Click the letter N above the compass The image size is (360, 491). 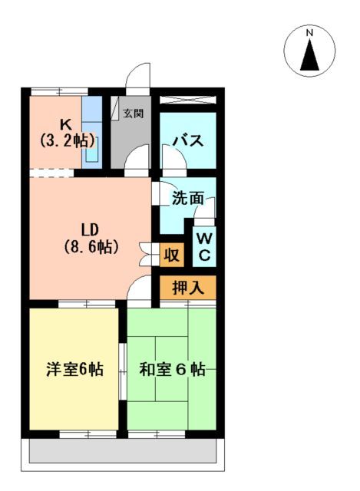coord(309,33)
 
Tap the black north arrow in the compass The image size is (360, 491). coord(310,54)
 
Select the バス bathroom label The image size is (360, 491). coord(187,140)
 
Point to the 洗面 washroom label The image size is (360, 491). coord(187,197)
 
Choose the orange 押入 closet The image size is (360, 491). coord(187,289)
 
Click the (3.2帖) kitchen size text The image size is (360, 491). coord(66,140)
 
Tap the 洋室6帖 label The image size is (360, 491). coord(74,369)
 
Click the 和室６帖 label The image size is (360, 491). coord(172,369)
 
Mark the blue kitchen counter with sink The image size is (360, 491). coord(92,130)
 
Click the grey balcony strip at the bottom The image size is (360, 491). coord(126,453)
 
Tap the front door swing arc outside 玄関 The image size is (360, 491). coord(137,77)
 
